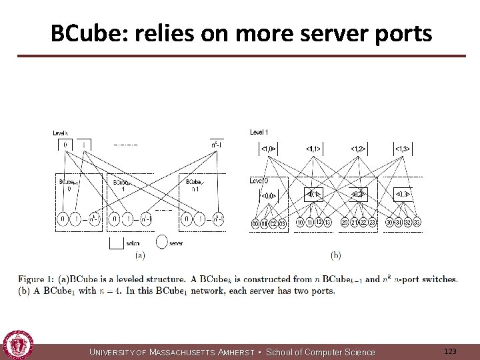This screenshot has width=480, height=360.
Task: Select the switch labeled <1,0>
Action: (x=267, y=148)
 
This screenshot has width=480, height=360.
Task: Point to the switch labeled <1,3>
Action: (x=401, y=148)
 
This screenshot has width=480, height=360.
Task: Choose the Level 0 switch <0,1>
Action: (x=313, y=194)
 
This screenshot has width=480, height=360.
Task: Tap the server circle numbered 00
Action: (x=255, y=222)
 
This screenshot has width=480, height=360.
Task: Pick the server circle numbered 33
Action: (x=416, y=222)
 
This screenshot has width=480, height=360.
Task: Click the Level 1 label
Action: (x=259, y=132)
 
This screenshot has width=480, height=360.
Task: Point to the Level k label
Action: (x=62, y=133)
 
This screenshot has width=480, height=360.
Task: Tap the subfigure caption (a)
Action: (x=139, y=255)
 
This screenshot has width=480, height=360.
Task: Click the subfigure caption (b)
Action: (x=335, y=255)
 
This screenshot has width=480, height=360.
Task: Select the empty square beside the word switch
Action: (x=116, y=243)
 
